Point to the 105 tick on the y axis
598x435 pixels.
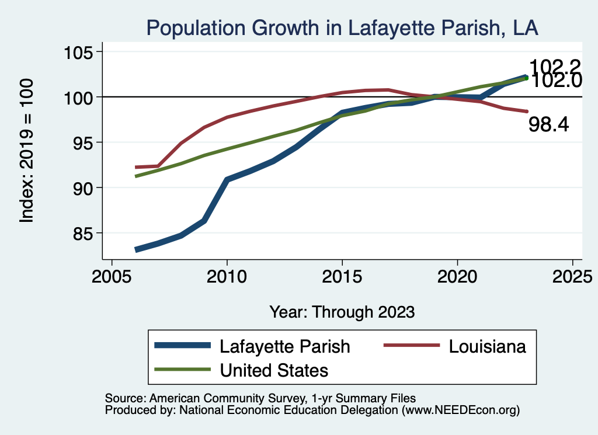click(79, 52)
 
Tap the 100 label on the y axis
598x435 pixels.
click(79, 97)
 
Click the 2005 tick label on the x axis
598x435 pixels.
click(112, 276)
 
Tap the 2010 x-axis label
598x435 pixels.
click(227, 276)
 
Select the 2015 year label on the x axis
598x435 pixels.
click(342, 276)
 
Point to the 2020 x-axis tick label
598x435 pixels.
click(457, 276)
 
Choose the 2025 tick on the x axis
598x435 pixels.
click(572, 276)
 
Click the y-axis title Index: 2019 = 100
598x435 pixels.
click(26, 151)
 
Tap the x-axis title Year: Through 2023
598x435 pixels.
click(342, 312)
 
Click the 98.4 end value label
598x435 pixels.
click(548, 124)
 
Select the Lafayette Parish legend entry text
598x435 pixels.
click(284, 346)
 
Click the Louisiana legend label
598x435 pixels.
click(487, 346)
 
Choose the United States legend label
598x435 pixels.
click(274, 370)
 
